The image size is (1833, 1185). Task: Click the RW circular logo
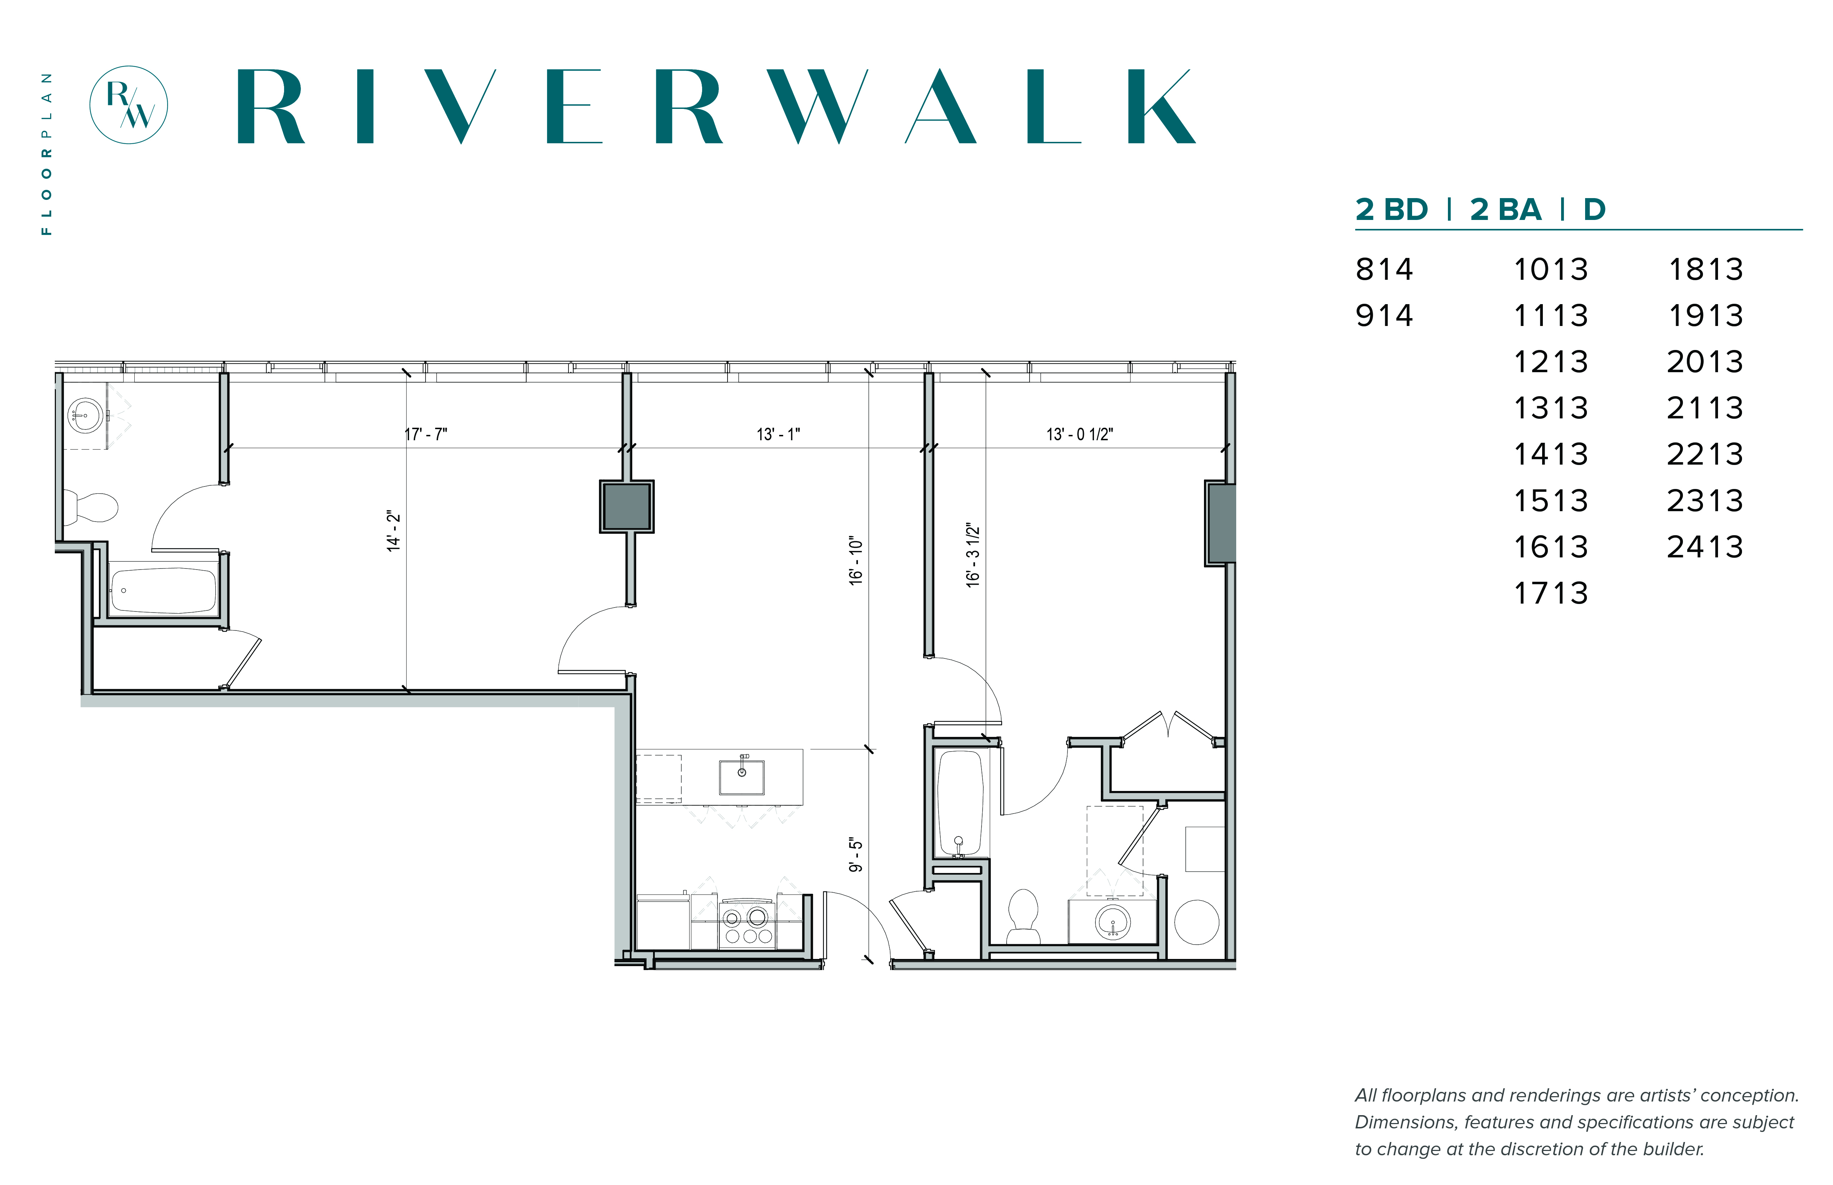(129, 105)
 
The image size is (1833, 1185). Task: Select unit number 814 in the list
(1385, 269)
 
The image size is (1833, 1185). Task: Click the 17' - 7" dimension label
(426, 434)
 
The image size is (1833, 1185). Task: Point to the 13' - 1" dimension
(778, 434)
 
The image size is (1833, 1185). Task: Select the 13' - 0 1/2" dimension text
(1079, 434)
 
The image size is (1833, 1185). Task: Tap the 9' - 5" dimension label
(856, 855)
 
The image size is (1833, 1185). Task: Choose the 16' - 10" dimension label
(856, 561)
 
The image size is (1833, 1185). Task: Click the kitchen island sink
(741, 777)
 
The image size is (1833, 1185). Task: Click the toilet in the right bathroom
(1023, 916)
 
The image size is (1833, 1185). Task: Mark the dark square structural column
(627, 506)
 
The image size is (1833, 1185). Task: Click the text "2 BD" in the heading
(1391, 209)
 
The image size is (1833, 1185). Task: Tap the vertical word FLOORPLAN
(47, 154)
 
